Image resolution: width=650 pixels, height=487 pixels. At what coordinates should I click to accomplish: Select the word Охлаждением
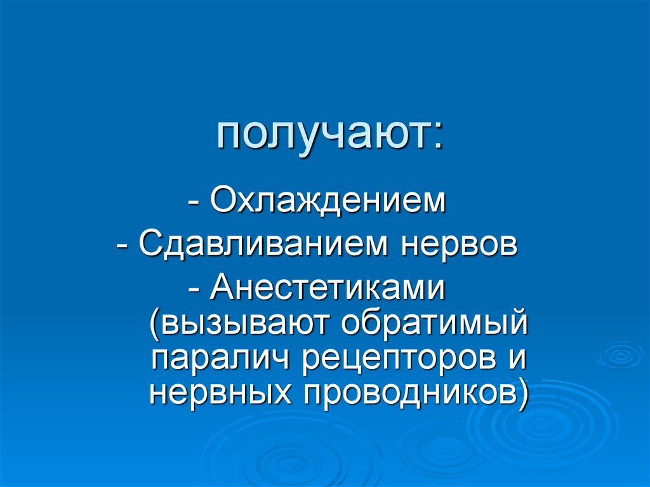(x=328, y=203)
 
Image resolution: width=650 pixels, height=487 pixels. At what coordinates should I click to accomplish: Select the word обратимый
(x=436, y=324)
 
